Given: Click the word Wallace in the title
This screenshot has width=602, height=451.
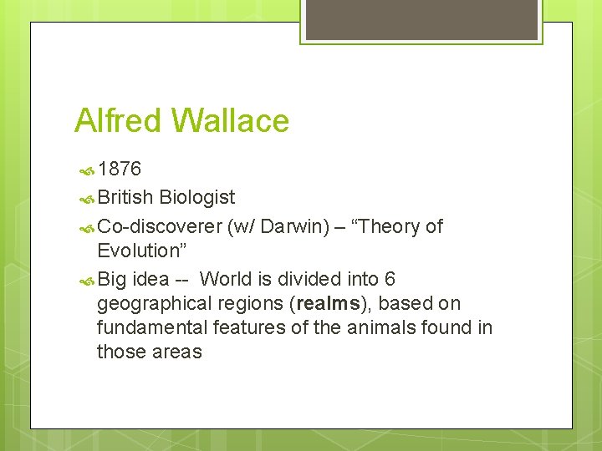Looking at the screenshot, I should pos(230,121).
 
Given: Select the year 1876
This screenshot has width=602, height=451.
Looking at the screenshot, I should pos(119,170).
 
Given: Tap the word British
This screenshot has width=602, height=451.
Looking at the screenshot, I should pos(125,198).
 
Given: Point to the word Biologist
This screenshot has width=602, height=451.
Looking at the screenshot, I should pos(197,198).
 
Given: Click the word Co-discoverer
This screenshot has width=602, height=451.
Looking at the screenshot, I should pos(160,226).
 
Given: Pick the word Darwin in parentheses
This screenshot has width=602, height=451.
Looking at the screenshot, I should pos(295,226).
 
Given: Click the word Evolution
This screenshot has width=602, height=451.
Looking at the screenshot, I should pos(139,251).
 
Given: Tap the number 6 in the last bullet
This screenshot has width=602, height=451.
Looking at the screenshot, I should pos(390,278).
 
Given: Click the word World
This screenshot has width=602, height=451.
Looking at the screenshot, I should pos(227,278).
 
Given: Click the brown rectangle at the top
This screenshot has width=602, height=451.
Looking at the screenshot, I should pos(420,19).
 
